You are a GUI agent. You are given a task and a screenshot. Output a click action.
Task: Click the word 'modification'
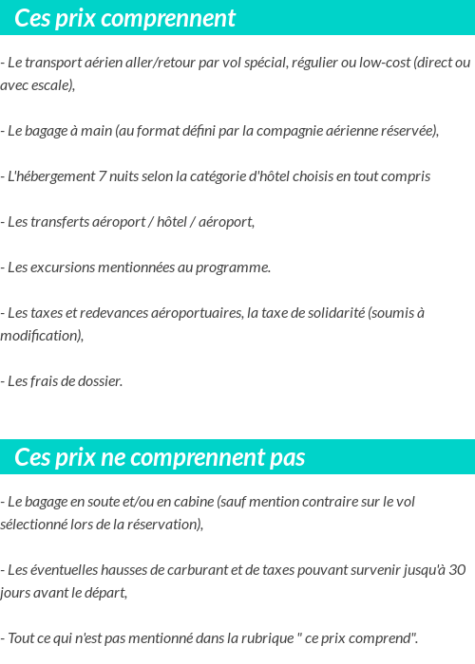39,336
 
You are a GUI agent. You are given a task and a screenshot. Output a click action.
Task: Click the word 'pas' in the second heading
285,458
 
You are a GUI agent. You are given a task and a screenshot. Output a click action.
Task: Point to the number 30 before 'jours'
456,570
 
